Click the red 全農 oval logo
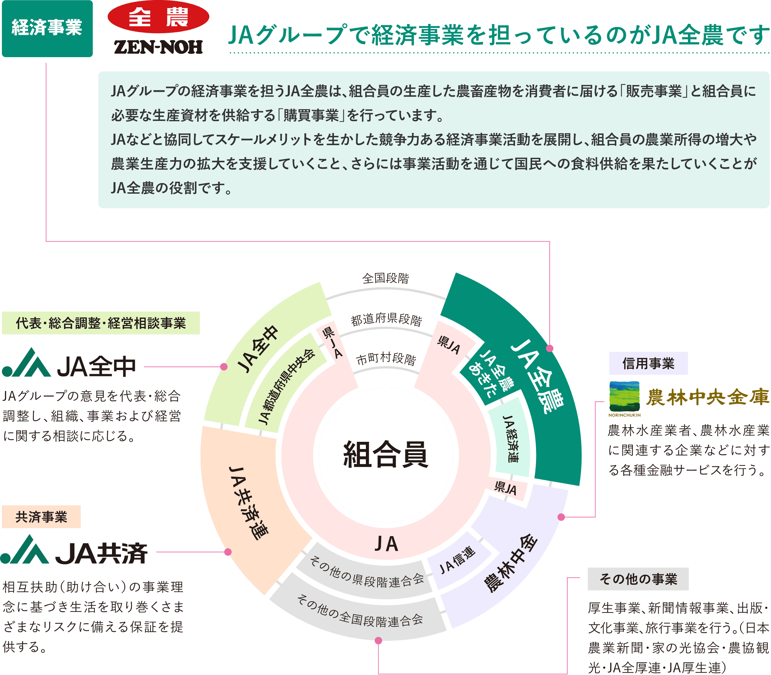(x=158, y=17)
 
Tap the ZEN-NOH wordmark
(x=158, y=47)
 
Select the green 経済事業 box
(x=47, y=28)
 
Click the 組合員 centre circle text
(x=385, y=454)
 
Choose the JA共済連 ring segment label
(x=249, y=503)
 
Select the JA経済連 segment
(x=510, y=438)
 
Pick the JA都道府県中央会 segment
(x=286, y=388)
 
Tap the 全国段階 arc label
(x=385, y=279)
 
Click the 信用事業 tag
(x=648, y=363)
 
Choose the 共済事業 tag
(x=41, y=517)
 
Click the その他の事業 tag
(x=638, y=579)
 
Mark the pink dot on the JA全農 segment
(x=550, y=348)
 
